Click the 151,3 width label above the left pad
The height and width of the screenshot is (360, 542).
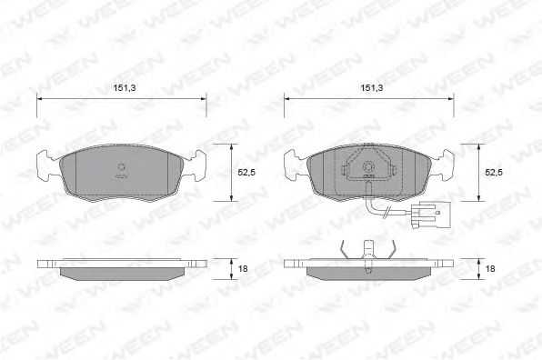125,88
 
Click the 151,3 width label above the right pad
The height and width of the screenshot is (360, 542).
372,88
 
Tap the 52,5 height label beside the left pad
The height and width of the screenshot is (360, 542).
246,173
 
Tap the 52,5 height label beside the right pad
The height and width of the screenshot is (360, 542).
494,173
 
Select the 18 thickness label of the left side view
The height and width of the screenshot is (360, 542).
243,268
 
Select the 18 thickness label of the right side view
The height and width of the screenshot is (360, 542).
490,268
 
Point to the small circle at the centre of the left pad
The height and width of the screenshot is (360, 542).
121,167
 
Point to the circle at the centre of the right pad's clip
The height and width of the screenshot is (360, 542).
368,167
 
